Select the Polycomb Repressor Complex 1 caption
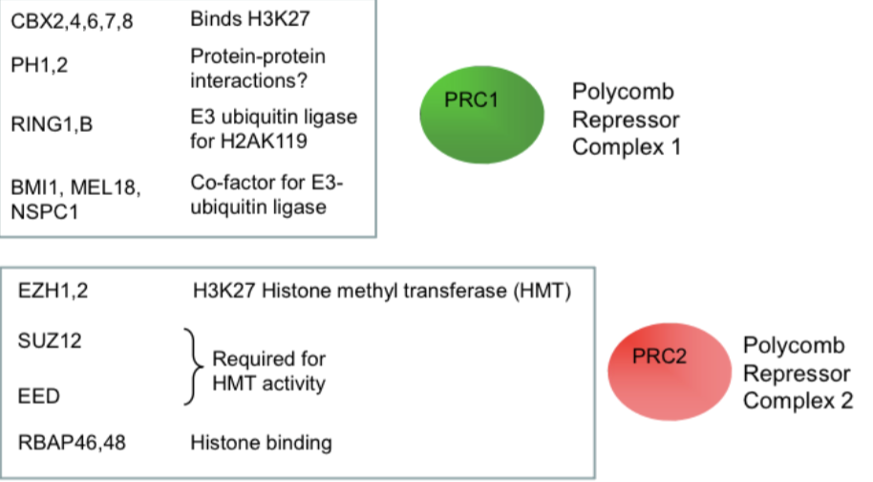626,120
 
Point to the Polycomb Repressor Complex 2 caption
797,373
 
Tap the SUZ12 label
45,340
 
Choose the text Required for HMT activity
269,372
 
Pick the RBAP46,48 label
71,443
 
